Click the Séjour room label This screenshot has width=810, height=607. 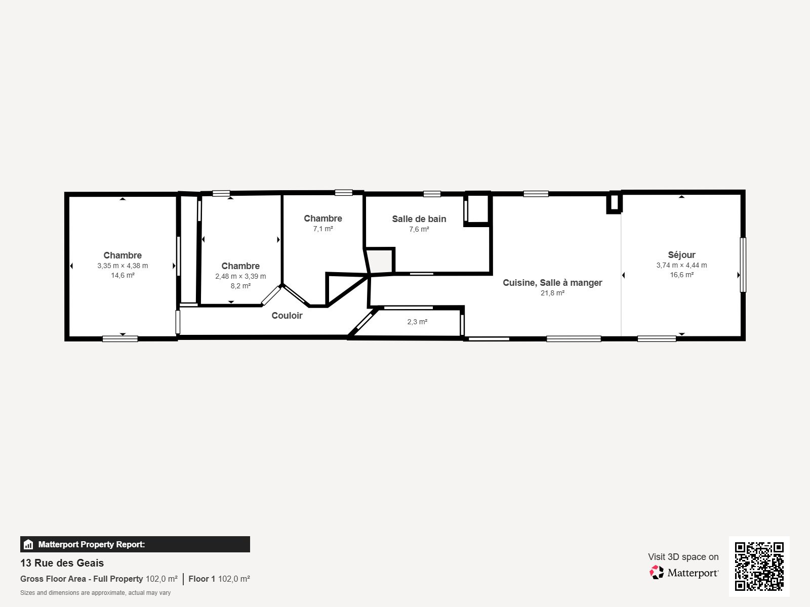681,255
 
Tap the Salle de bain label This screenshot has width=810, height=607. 419,219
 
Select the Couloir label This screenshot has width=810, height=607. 287,316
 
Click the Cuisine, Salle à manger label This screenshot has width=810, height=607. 552,283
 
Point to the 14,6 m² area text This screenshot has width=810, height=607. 123,276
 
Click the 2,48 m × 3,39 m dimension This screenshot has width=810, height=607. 240,276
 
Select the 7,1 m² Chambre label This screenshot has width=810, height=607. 323,219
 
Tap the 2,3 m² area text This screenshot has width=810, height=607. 417,322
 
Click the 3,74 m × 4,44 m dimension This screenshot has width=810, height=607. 681,265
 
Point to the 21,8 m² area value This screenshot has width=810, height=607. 552,293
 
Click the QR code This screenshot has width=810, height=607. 759,566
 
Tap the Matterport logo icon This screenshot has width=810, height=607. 657,573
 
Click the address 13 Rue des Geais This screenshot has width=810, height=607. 62,563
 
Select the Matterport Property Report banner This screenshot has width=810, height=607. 135,544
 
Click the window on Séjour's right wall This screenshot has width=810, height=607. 743,265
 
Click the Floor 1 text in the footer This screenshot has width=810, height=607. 201,579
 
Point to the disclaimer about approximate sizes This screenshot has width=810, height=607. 95,593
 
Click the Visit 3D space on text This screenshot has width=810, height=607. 683,557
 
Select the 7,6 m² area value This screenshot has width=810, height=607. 419,229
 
